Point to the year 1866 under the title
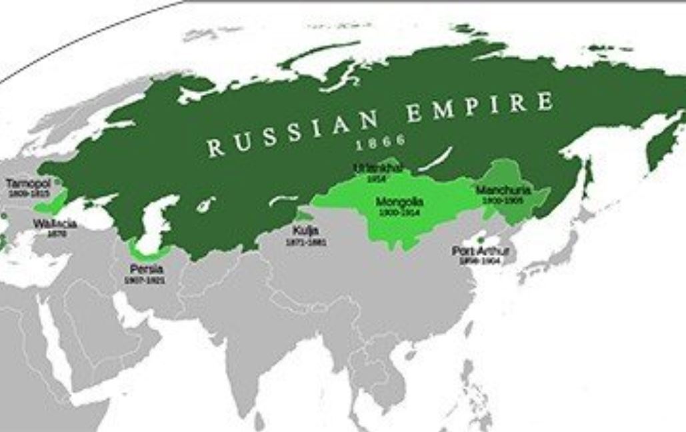pos(381,142)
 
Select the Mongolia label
pos(399,201)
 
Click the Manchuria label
pos(503,191)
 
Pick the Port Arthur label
pos(480,251)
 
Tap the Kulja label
pos(305,231)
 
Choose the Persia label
pos(147,269)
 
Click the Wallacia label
pos(55,223)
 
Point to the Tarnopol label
pos(23,183)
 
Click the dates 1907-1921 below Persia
pos(145,281)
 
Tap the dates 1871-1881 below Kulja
pos(306,242)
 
